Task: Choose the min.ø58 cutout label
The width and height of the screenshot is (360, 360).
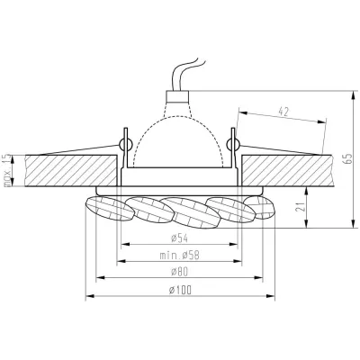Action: point(176,256)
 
